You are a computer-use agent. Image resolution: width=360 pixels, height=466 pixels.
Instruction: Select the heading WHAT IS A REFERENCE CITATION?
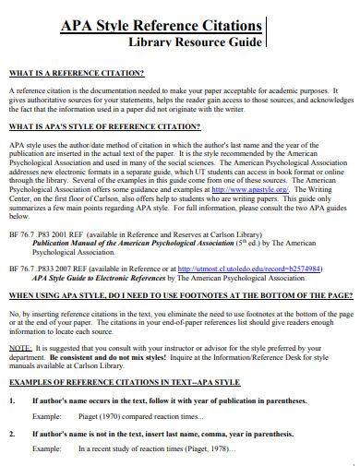tap(77, 72)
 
